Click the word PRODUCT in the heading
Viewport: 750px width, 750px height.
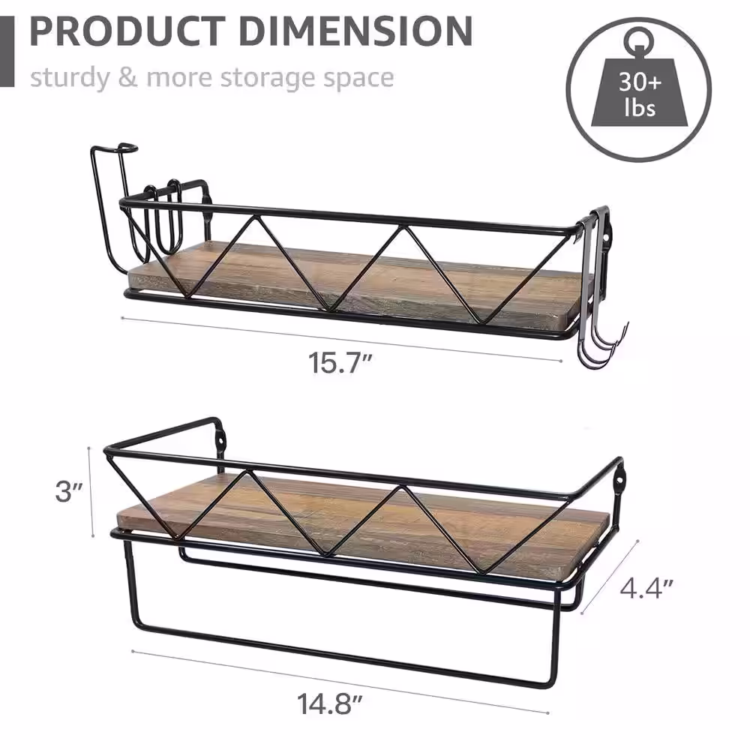(127, 31)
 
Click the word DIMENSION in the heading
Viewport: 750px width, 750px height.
(355, 31)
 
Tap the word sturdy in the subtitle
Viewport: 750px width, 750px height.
(70, 77)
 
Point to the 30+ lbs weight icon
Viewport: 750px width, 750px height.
(639, 89)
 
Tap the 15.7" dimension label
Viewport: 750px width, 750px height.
(340, 362)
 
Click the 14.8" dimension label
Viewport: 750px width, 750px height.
(329, 703)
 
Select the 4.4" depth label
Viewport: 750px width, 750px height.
(646, 588)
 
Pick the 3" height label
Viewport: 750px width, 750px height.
(69, 491)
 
